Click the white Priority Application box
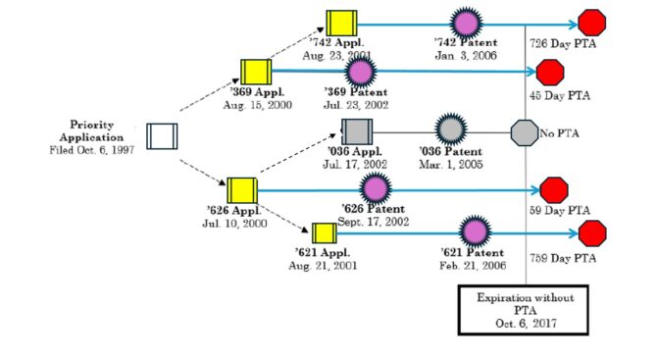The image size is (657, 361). (162, 136)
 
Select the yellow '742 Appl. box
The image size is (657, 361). (342, 21)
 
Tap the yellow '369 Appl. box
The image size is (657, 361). (256, 72)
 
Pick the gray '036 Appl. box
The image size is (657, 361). (357, 130)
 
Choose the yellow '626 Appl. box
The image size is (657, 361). (241, 190)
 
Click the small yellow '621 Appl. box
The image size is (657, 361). (324, 232)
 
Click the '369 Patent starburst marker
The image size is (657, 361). (360, 71)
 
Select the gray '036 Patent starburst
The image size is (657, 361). (450, 129)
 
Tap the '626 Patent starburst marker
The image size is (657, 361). (376, 189)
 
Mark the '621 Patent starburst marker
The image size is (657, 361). (476, 232)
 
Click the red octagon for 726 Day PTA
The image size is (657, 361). (592, 23)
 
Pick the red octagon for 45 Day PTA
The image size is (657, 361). (551, 72)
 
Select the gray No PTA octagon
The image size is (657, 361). (526, 130)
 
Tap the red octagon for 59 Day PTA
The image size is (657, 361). (554, 189)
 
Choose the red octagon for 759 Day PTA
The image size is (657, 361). (592, 232)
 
